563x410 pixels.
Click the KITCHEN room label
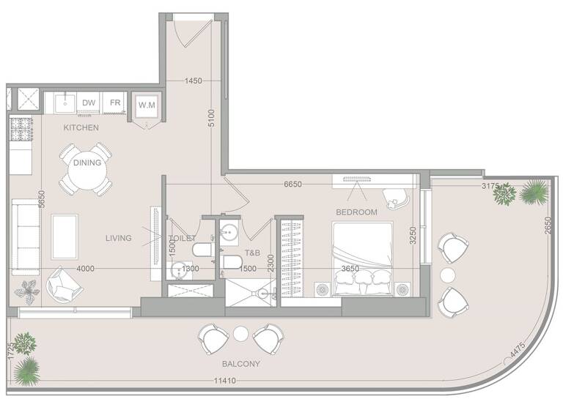(81, 127)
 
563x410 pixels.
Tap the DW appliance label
(89, 103)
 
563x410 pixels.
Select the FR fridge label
(115, 103)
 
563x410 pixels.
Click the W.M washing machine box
(147, 105)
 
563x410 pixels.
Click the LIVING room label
(118, 238)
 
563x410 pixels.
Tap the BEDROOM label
(356, 212)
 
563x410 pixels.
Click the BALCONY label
(242, 363)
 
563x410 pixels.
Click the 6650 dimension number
(293, 184)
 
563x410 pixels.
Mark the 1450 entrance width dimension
(194, 81)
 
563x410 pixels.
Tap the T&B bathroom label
(253, 253)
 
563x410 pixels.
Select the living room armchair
(62, 285)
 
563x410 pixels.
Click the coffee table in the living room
(65, 234)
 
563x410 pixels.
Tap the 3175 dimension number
(490, 187)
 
